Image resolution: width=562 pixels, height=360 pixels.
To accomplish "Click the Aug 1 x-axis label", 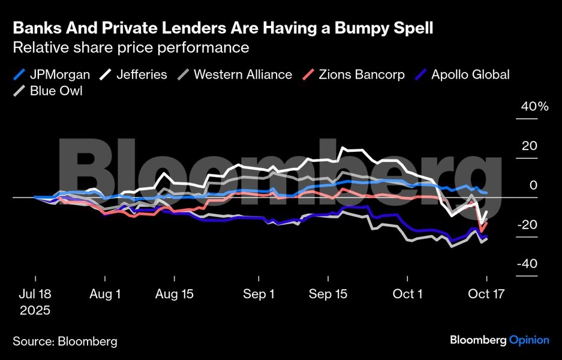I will [105, 294].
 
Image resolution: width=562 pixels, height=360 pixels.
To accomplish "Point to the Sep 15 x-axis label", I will [328, 294].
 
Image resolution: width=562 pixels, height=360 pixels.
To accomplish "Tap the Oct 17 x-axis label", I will [486, 294].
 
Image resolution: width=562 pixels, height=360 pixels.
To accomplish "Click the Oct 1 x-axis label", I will [407, 294].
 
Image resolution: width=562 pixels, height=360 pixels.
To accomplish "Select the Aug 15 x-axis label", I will [174, 294].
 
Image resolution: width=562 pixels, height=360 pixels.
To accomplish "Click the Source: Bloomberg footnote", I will [65, 341].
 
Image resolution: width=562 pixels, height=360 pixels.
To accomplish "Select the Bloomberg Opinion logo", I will [499, 340].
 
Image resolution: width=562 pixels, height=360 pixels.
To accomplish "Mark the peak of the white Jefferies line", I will [343, 148].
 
